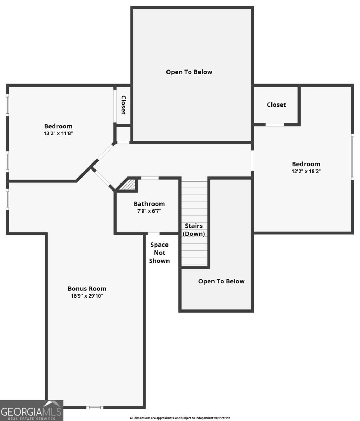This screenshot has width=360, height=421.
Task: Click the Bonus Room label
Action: tap(87, 289)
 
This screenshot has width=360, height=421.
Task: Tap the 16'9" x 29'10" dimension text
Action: tap(87, 296)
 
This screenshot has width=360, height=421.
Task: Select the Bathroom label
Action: tap(149, 204)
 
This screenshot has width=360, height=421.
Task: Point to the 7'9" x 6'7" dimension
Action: tap(149, 211)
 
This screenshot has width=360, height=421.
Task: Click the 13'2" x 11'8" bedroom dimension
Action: tap(58, 133)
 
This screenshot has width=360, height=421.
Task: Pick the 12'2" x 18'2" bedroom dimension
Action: tap(306, 171)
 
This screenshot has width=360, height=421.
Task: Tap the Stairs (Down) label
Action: tap(194, 230)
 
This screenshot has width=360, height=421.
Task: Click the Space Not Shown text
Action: tap(159, 253)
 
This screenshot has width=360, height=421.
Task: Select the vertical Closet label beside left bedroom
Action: tap(123, 105)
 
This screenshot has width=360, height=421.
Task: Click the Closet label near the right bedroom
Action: tap(276, 105)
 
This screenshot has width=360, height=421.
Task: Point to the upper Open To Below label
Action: tap(189, 72)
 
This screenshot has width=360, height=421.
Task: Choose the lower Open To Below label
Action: tap(221, 281)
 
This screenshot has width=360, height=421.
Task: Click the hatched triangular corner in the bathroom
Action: tap(129, 185)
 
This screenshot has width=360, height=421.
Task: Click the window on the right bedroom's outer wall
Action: tap(353, 157)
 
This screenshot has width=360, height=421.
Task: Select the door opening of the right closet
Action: tap(275, 125)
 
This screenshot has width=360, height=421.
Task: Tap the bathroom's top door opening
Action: tap(150, 178)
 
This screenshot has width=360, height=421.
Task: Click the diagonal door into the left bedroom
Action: tap(105, 152)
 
